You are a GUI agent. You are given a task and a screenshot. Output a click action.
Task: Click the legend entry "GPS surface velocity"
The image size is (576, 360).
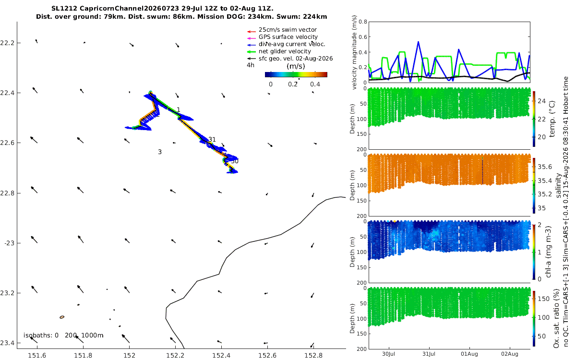(x=288, y=37)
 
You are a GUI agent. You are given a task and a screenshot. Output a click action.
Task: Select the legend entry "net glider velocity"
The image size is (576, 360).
(x=285, y=51)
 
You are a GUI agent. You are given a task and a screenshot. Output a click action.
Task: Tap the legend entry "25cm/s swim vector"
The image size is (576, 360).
(x=288, y=30)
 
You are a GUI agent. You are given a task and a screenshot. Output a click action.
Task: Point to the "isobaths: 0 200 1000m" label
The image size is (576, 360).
(x=63, y=336)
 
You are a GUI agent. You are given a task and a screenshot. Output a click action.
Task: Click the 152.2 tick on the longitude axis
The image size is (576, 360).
(x=175, y=355)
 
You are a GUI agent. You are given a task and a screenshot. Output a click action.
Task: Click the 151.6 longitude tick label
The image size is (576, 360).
(x=37, y=355)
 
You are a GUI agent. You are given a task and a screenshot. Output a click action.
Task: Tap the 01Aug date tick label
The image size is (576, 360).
(x=469, y=354)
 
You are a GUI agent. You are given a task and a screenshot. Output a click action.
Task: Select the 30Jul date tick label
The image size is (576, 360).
(x=388, y=354)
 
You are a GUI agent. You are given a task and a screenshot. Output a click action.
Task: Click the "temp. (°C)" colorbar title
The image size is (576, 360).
(x=552, y=119)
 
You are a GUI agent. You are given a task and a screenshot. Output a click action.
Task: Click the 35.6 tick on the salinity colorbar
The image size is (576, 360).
(x=545, y=167)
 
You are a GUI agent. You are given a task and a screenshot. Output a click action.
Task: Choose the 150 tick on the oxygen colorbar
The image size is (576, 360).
(x=543, y=299)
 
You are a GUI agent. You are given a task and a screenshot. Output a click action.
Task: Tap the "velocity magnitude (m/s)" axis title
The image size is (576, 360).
(x=354, y=52)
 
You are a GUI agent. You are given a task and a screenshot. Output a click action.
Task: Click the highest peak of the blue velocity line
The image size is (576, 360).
(x=419, y=42)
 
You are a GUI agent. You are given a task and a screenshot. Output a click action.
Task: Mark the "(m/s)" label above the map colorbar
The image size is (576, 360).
(x=296, y=66)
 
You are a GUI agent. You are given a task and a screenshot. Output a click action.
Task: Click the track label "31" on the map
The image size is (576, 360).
(x=212, y=139)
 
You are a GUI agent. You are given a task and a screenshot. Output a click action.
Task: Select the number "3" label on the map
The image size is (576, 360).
(x=160, y=152)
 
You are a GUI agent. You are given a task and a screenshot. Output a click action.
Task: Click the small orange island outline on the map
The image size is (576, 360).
(x=62, y=317)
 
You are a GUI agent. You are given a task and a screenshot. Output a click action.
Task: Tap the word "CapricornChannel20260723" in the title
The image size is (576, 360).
(x=129, y=9)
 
